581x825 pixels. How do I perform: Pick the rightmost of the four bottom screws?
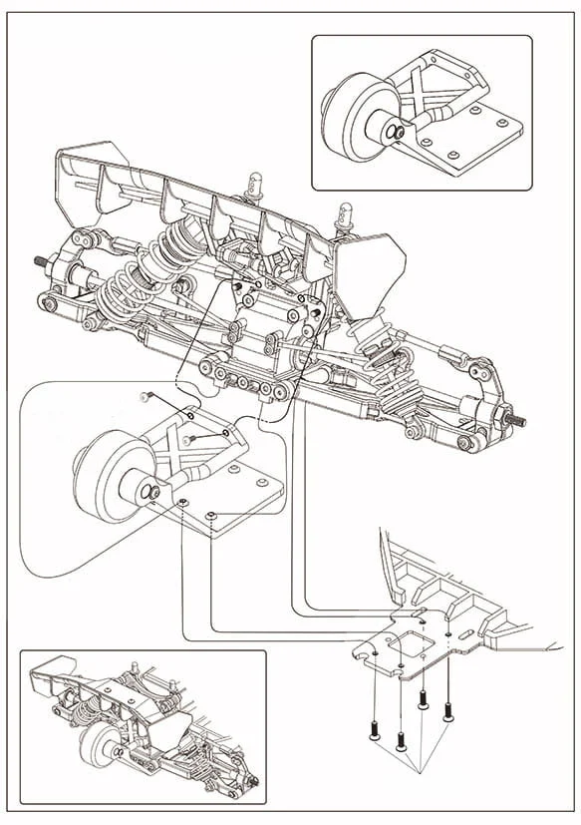click(x=447, y=712)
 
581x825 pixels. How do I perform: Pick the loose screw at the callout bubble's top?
click(x=145, y=397)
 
